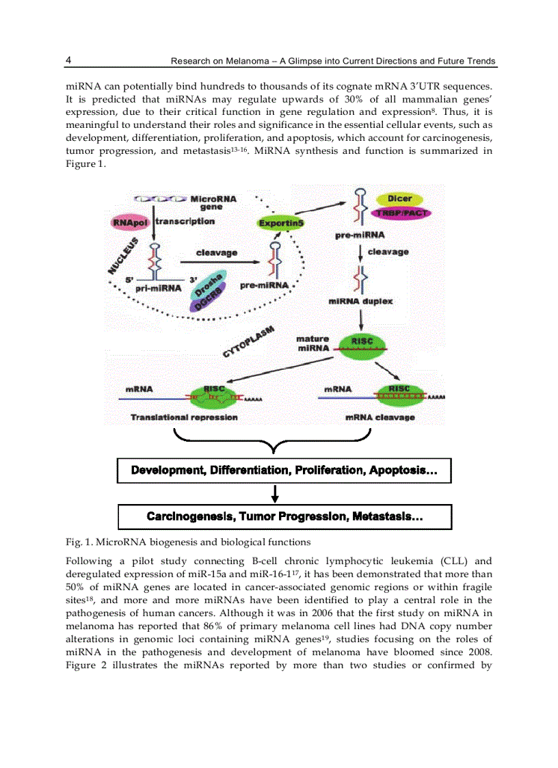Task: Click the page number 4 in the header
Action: tap(68, 60)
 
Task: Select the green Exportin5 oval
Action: tap(280, 223)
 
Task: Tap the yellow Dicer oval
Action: tap(399, 199)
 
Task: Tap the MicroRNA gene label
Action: tap(213, 202)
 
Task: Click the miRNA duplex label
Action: tap(360, 302)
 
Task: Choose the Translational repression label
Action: tap(184, 417)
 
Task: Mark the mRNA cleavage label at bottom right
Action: tap(380, 417)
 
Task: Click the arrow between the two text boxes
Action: tap(274, 494)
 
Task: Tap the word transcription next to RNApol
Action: tap(185, 221)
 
